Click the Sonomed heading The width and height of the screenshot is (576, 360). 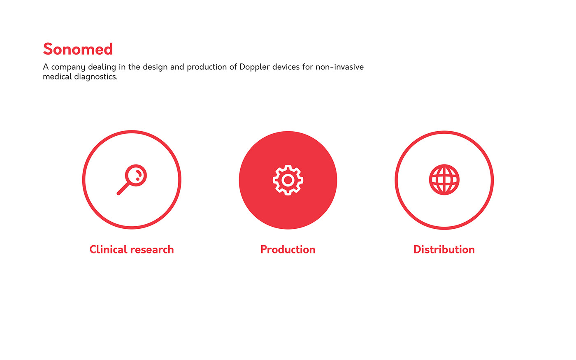[x=78, y=49]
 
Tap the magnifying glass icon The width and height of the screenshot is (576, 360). [x=132, y=180]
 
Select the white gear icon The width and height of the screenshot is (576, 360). [x=288, y=180]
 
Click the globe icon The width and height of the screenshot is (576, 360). [x=444, y=180]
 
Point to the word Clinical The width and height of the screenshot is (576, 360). [x=108, y=249]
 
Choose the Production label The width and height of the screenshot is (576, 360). [x=288, y=249]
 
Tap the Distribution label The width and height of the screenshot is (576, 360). [x=444, y=249]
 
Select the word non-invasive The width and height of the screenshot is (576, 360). [x=339, y=67]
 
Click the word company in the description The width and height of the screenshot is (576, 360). [x=68, y=67]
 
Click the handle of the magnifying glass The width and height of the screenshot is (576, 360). [x=123, y=188]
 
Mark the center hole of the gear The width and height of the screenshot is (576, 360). [x=288, y=180]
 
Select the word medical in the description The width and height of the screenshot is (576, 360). [x=57, y=77]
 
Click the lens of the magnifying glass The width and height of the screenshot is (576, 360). [x=136, y=175]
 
